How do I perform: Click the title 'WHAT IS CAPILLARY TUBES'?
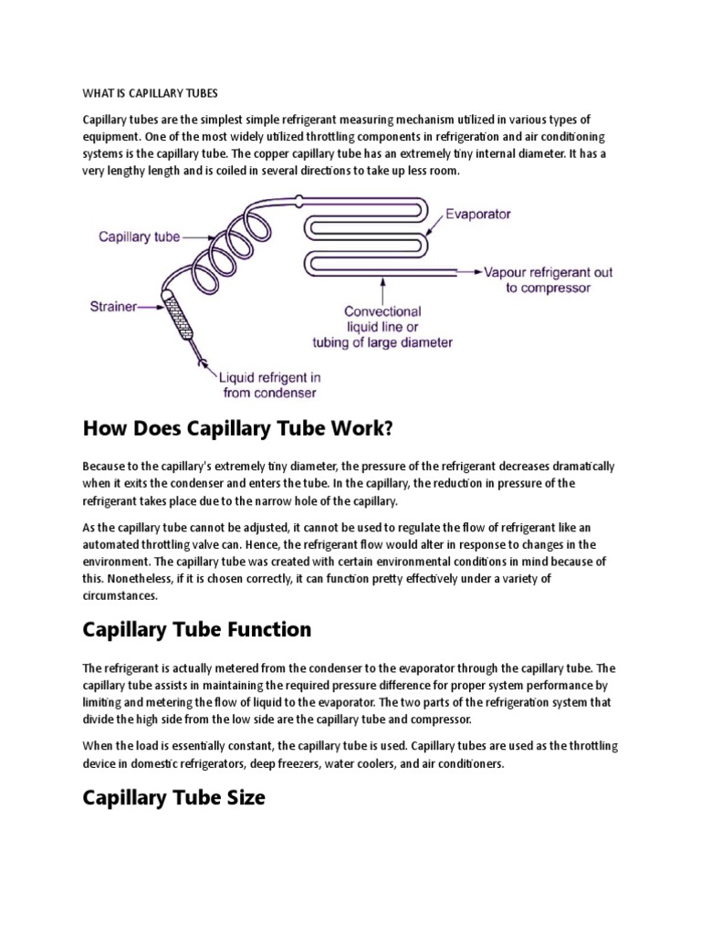coord(151,94)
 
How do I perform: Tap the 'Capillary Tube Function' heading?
coord(196,629)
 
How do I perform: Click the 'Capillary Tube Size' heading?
coord(173,797)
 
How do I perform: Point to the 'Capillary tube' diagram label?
coord(139,236)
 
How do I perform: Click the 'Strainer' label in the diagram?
coord(111,308)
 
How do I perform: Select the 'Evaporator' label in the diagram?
coord(478,215)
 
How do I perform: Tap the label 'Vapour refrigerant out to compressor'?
coord(549,279)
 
